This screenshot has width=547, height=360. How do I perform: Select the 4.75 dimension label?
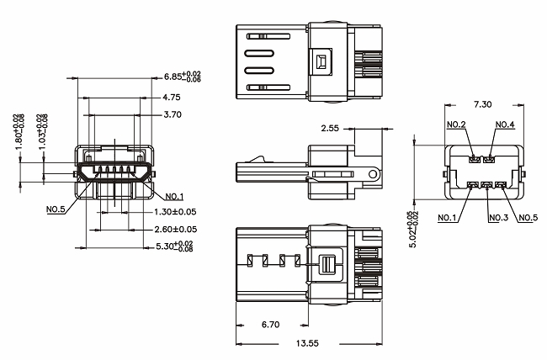point(171,97)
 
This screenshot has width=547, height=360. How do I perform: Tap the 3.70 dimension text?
point(171,114)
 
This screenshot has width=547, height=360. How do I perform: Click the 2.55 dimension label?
point(330,130)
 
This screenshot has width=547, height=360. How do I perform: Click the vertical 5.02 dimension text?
point(412,225)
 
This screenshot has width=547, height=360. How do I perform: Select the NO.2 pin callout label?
point(456,125)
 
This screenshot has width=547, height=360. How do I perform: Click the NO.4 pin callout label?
point(505,125)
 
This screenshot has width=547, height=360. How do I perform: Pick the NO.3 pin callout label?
point(499,219)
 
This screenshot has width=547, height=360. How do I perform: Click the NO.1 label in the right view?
point(449,219)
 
